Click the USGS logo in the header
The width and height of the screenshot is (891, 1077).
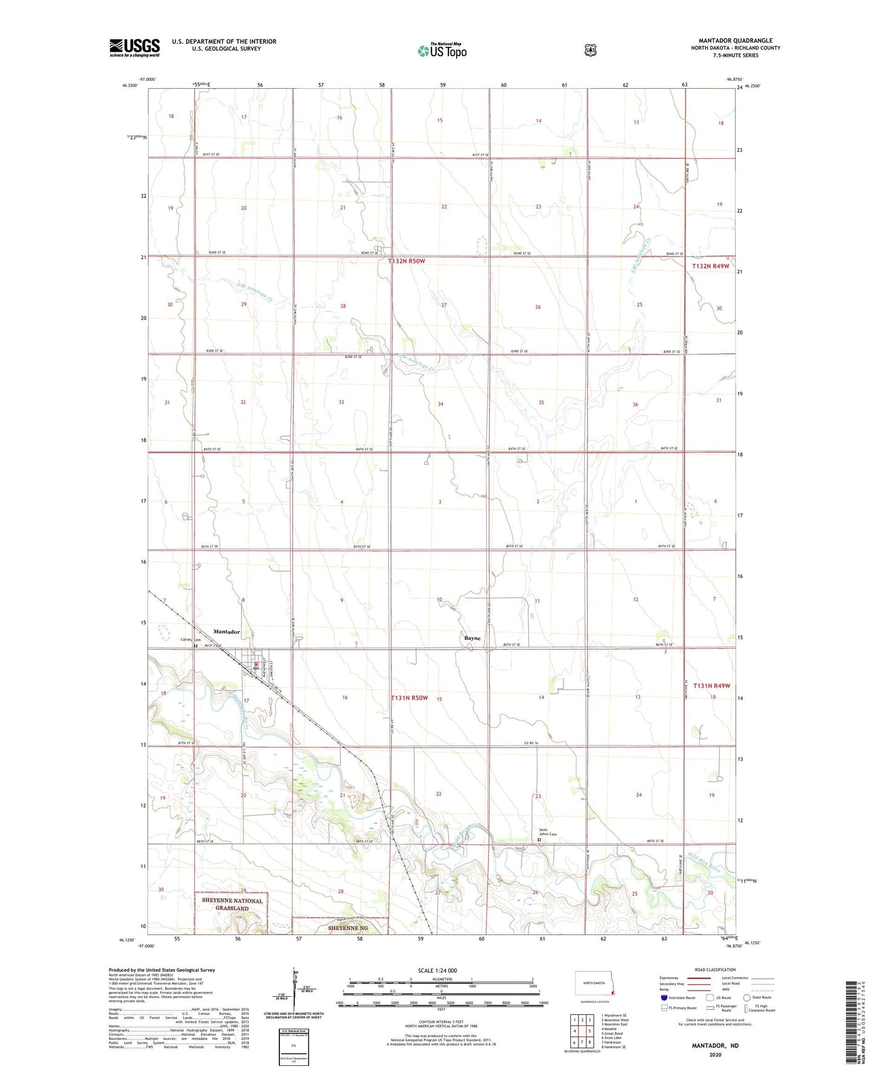[x=134, y=47]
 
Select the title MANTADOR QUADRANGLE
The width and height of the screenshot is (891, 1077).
[x=736, y=41]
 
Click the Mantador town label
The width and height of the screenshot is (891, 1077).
[x=226, y=632]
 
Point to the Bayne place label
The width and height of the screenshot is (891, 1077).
[x=472, y=638]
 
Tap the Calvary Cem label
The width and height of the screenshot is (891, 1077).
[x=190, y=640]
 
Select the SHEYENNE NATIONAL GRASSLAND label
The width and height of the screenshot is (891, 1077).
[x=232, y=904]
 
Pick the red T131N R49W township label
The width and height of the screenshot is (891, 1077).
[x=712, y=686]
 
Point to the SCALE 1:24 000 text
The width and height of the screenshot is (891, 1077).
[x=437, y=970]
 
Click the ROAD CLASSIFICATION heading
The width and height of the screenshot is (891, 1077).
[x=715, y=970]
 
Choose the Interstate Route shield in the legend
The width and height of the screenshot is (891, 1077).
[x=663, y=997]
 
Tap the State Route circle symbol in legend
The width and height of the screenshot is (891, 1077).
[x=746, y=997]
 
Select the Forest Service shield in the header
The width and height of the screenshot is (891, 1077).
[x=591, y=50]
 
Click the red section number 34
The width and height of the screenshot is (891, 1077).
[x=440, y=404]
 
